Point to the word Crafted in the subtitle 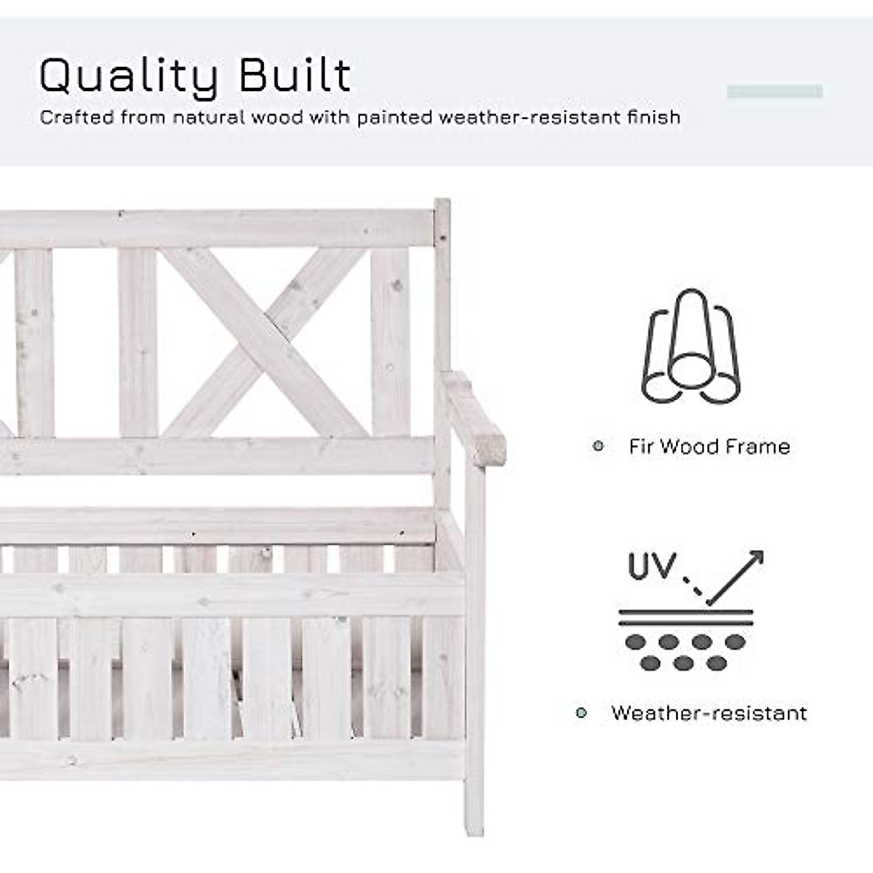76,117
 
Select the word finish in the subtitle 653,117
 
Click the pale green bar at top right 775,92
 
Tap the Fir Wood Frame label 709,446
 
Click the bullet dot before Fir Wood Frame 598,446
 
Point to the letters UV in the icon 652,566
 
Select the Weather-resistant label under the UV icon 709,713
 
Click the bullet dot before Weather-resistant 581,713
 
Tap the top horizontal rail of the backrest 218,229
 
